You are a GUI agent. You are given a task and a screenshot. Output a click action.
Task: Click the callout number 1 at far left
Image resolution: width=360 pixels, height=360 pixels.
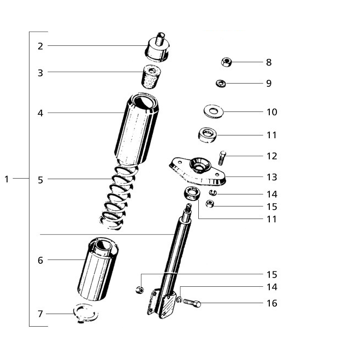click(x=7, y=179)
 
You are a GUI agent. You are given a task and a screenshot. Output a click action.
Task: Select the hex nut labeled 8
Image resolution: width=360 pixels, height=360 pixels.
click(x=226, y=62)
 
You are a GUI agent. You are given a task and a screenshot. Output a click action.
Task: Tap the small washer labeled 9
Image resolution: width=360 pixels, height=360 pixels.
click(x=221, y=83)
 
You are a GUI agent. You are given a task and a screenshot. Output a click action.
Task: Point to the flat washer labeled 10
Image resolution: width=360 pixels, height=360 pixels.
click(x=214, y=111)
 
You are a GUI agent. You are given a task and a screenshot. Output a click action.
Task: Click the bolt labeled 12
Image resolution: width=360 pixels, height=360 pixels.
click(x=222, y=158)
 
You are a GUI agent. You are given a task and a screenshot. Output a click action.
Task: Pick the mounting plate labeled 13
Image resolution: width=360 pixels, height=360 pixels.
click(x=197, y=171)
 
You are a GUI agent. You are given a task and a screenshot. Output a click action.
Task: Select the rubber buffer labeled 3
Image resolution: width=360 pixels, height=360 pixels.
click(x=151, y=77)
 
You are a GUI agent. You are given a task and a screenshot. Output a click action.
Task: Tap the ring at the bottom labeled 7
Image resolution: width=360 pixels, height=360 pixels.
click(x=85, y=313)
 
